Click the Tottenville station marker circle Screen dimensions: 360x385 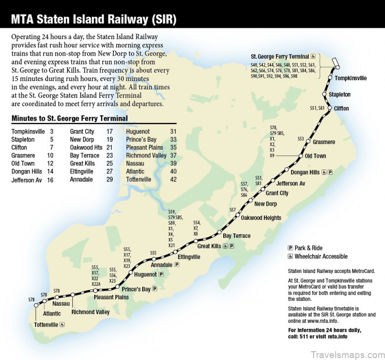(36, 305)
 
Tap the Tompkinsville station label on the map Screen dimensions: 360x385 (351, 78)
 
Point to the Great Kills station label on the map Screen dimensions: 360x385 (209, 246)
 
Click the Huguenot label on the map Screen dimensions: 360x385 (145, 275)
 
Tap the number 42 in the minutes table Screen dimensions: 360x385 (173, 179)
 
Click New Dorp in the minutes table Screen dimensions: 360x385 (80, 139)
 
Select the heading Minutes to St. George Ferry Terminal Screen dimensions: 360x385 (69, 118)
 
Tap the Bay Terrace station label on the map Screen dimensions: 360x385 (236, 236)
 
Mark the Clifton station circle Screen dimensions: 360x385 (330, 108)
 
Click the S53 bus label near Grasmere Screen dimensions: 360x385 (300, 139)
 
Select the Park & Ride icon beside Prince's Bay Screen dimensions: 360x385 (155, 289)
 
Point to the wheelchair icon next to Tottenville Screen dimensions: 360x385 (62, 324)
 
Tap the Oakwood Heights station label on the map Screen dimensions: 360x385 (261, 218)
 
